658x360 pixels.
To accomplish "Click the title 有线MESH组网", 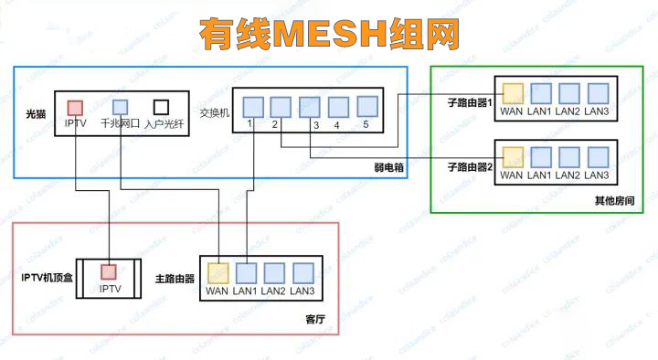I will (x=330, y=33).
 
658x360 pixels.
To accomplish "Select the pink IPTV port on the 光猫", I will (x=76, y=108).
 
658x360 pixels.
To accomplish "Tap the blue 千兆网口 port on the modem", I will (x=121, y=108).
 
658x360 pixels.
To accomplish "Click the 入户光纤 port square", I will (x=164, y=108).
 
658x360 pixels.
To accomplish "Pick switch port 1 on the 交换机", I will (x=252, y=106).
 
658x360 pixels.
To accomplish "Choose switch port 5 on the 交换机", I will (x=366, y=106).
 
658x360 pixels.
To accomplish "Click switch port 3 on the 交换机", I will (x=310, y=106).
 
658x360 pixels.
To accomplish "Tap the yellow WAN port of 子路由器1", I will (x=513, y=92).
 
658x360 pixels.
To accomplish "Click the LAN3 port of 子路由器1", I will (x=599, y=92).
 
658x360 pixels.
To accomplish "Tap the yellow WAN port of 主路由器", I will (x=218, y=272).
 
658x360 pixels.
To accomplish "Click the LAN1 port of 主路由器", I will (x=247, y=272).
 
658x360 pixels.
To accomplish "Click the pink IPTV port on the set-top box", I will (x=110, y=271).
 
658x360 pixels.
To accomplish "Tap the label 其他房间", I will (x=613, y=200).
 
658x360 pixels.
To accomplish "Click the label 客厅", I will (x=313, y=318).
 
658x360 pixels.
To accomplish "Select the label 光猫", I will (x=35, y=114).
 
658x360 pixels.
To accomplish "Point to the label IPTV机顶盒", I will (x=45, y=277).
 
